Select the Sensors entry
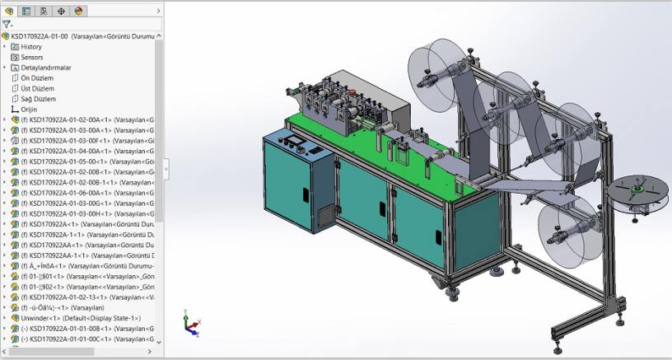point(32,58)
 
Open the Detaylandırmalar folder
point(45,68)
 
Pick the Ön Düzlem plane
point(36,78)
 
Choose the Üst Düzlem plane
point(37,88)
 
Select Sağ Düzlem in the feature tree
point(38,99)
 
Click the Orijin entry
point(28,109)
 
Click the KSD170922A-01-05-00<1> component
point(74,161)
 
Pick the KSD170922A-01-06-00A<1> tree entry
point(74,193)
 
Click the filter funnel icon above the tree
point(7,25)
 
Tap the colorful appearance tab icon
point(79,11)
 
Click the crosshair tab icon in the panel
point(62,11)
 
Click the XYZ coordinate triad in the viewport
point(190,326)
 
